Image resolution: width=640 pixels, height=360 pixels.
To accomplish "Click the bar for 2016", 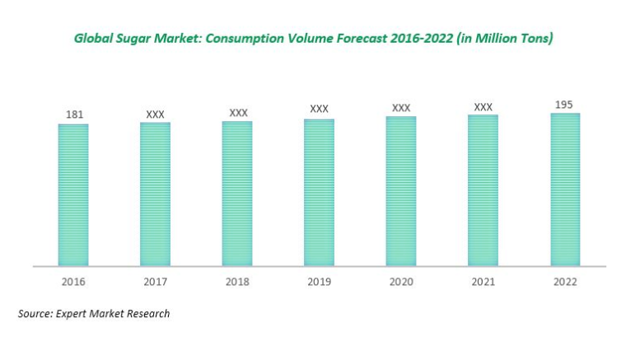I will (x=72, y=196).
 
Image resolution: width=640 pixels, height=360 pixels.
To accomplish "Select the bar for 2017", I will (x=155, y=195).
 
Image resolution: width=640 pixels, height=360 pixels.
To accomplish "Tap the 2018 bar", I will (x=237, y=194).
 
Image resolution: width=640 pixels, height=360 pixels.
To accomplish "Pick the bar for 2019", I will (x=319, y=194).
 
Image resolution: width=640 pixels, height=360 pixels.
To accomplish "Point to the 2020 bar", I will (x=401, y=192).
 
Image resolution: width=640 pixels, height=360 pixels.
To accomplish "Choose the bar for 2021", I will (x=483, y=191).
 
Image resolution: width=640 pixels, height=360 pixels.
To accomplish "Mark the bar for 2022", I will (x=565, y=190).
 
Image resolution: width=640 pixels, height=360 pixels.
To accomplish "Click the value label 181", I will (x=73, y=115).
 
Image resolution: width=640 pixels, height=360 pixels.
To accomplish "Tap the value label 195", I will (x=565, y=104).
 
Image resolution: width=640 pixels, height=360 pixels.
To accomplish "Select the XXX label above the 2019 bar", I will (x=319, y=109).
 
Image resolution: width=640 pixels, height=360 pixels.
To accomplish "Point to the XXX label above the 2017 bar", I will (x=155, y=114).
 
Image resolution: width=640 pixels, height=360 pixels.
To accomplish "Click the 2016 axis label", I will (x=73, y=282).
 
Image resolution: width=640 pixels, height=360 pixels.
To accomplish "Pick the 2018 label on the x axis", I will (x=237, y=282).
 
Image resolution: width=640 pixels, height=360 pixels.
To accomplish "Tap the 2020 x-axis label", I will (x=401, y=282).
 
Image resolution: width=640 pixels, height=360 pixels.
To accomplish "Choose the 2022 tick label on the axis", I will (x=565, y=282).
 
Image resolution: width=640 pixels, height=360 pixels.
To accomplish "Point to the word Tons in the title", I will (x=531, y=39).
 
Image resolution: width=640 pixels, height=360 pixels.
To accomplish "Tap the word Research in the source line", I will (x=147, y=314).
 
